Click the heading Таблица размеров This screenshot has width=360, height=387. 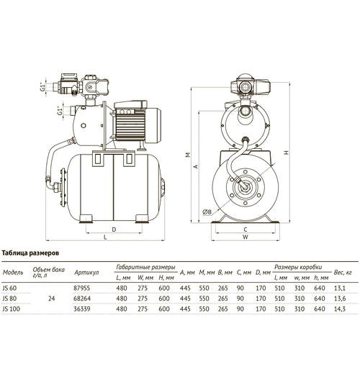pyautogui.click(x=30, y=253)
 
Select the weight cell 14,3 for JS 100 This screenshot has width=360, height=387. pyautogui.click(x=340, y=309)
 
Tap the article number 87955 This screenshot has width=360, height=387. pyautogui.click(x=82, y=288)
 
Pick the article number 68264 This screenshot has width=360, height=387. pyautogui.click(x=82, y=299)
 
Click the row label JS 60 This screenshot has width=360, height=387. pyautogui.click(x=9, y=288)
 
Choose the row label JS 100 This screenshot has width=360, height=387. pyautogui.click(x=12, y=309)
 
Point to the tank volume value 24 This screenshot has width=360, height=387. pyautogui.click(x=51, y=299)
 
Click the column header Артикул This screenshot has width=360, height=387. pyautogui.click(x=86, y=273)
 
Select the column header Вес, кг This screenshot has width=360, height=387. pyautogui.click(x=343, y=273)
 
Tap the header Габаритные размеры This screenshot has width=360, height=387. pyautogui.click(x=145, y=268)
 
